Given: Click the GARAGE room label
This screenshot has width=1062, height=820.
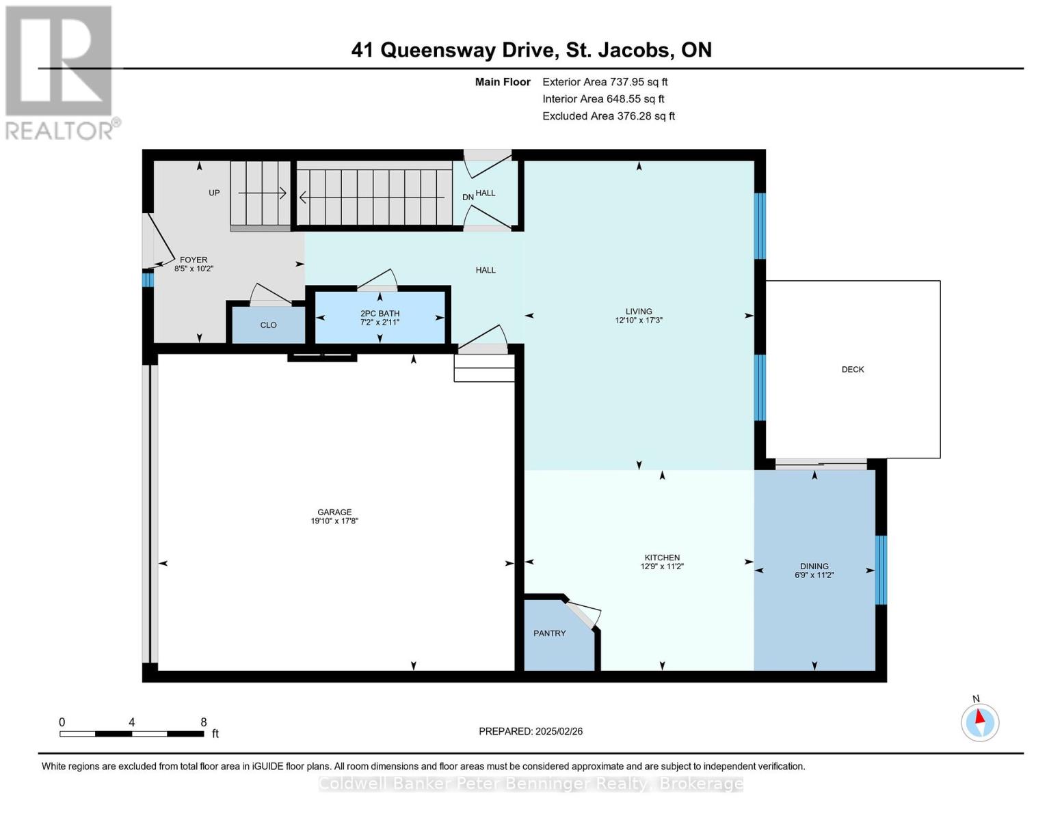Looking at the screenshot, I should point(334,512).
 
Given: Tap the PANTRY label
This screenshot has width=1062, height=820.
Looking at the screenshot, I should point(549,633).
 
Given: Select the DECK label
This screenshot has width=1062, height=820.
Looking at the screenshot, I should point(852,370).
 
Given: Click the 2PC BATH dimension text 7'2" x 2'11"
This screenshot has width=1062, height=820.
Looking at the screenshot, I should point(380,323).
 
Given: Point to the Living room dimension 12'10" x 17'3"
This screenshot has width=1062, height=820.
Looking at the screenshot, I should point(638,320).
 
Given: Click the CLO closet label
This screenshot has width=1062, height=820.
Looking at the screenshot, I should point(268,325).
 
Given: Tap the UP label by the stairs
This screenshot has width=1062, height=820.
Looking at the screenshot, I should point(214,193).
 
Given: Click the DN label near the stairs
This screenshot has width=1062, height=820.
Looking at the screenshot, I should point(468,197).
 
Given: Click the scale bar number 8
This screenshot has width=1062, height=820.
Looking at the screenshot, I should point(203,722).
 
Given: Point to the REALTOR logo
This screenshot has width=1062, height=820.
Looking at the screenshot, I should point(60,72).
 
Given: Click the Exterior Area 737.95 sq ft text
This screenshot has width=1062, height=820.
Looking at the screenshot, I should point(605,82).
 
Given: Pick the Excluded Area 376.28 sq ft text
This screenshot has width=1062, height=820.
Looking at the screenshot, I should point(608,116).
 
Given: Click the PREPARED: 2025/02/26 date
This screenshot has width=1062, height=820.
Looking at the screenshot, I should point(530,732).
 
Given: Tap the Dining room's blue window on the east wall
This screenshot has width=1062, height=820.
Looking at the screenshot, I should point(881,570).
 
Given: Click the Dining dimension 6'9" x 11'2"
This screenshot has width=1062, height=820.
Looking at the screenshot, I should point(814,575).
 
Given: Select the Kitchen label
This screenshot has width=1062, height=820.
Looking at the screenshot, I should point(661,558).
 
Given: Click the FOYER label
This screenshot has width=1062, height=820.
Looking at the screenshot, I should point(194,260).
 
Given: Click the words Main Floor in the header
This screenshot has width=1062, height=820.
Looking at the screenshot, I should point(503,82).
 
